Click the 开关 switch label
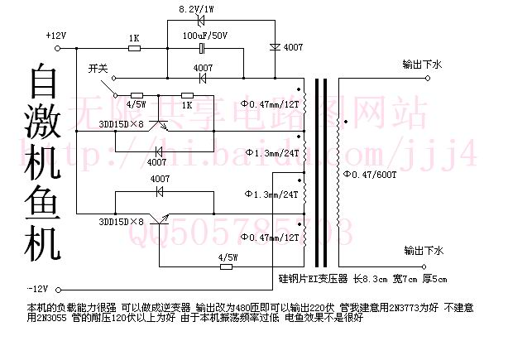point(98,70)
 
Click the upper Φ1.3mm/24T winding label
point(272,154)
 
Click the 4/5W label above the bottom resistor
point(228,257)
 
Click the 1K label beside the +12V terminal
point(133,38)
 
